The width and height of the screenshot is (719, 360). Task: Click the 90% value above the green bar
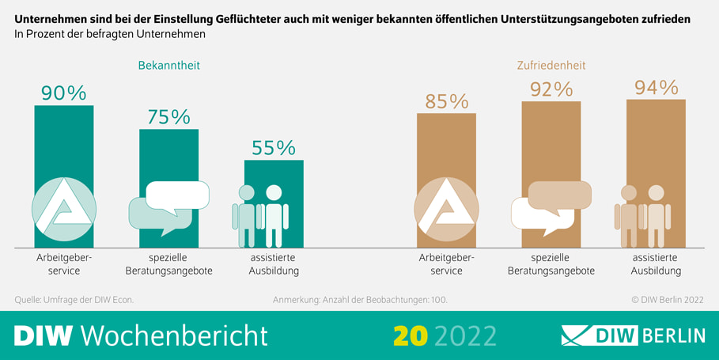coord(63,93)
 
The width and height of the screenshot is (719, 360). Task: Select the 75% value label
coord(168,117)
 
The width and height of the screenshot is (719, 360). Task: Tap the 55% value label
coord(273,148)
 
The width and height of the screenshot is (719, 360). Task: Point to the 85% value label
coord(446,101)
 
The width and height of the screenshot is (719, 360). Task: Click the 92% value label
coord(551,89)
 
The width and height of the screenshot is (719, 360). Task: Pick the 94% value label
coord(656,87)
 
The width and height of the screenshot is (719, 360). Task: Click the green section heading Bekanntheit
coord(168,66)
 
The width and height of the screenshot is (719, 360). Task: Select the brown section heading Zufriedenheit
coord(551,66)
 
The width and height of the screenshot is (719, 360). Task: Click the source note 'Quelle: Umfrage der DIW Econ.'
coord(74,300)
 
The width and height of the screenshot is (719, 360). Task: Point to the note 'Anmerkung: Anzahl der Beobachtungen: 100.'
coord(365,300)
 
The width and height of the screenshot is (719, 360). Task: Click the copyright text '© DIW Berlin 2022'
coord(667,300)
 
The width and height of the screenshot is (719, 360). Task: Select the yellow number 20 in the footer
coord(411,335)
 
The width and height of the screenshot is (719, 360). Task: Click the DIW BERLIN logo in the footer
coord(633,335)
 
